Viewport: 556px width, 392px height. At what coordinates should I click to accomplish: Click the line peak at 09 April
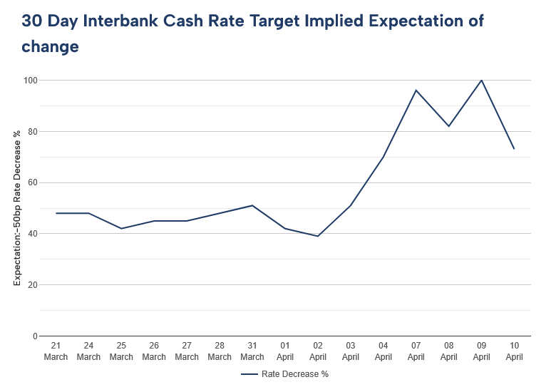pyautogui.click(x=482, y=80)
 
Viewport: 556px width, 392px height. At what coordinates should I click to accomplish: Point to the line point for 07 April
pyautogui.click(x=416, y=91)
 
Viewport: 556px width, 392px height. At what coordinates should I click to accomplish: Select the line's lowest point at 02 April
pyautogui.click(x=318, y=236)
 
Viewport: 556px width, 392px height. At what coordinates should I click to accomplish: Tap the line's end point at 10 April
pyautogui.click(x=514, y=149)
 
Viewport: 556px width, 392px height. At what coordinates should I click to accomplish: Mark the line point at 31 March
pyautogui.click(x=252, y=205)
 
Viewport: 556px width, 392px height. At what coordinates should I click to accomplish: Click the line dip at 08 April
pyautogui.click(x=449, y=126)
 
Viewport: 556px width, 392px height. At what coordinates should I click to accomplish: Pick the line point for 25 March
pyautogui.click(x=121, y=228)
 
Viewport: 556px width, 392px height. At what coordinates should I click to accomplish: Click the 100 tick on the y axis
pyautogui.click(x=30, y=80)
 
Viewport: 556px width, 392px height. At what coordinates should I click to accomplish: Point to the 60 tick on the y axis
pyautogui.click(x=32, y=182)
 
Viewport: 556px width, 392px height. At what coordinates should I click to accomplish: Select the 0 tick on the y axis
pyautogui.click(x=34, y=336)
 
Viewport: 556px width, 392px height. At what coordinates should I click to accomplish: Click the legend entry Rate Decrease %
pyautogui.click(x=286, y=373)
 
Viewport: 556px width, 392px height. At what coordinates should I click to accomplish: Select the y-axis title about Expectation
pyautogui.click(x=17, y=208)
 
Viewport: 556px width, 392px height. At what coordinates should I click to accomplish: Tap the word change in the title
pyautogui.click(x=50, y=47)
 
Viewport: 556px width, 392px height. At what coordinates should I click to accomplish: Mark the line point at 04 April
pyautogui.click(x=383, y=157)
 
